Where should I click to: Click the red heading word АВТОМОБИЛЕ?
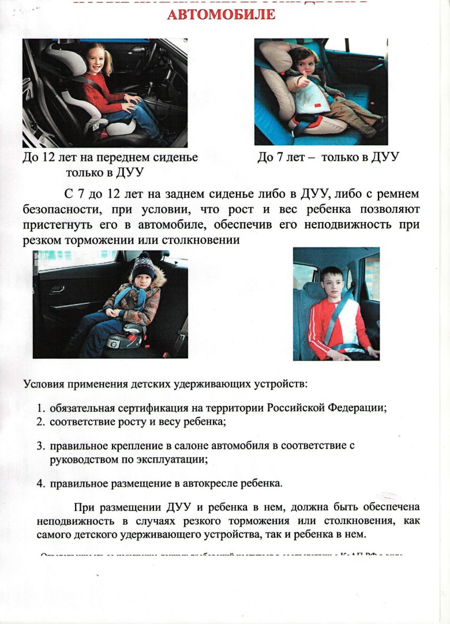click(x=221, y=14)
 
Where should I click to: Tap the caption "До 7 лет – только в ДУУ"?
click(x=328, y=157)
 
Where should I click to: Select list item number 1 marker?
click(x=41, y=408)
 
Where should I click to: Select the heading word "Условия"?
click(x=45, y=384)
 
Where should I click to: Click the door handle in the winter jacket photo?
click(x=58, y=290)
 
